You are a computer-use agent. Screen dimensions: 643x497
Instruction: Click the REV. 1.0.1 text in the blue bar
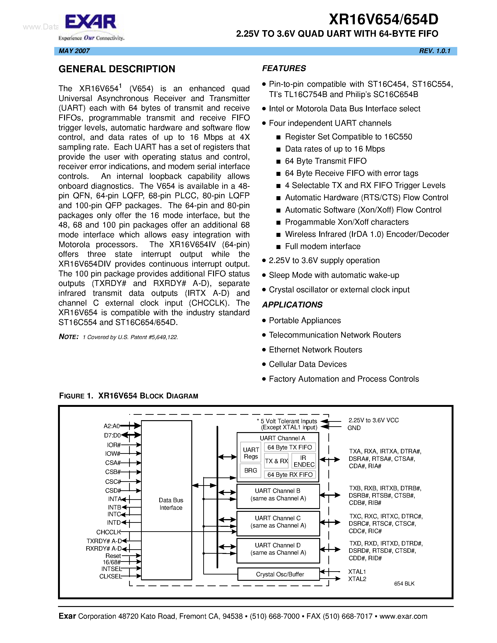coord(435,51)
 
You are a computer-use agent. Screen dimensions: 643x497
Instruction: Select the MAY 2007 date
coord(74,51)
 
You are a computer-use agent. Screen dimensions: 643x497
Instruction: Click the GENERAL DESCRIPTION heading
coord(117,69)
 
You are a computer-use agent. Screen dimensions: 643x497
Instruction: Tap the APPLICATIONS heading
coord(292,305)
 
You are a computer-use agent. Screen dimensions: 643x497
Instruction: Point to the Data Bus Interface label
coord(171,504)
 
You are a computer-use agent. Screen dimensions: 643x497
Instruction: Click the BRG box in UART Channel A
coord(250,470)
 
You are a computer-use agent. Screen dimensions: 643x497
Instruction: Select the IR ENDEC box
coord(304,461)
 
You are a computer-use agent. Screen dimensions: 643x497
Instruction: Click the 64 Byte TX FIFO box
coord(290,447)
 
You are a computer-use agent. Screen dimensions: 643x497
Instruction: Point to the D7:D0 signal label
coord(112,435)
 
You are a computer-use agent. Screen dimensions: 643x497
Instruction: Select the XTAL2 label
coord(357,579)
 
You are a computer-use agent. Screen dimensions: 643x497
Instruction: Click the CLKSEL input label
coord(110,576)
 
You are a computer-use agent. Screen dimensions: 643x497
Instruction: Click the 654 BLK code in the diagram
coord(404,584)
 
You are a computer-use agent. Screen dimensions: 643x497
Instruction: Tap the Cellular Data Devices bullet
coord(308,364)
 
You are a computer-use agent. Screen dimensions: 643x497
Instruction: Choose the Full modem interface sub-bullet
coord(323,246)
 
